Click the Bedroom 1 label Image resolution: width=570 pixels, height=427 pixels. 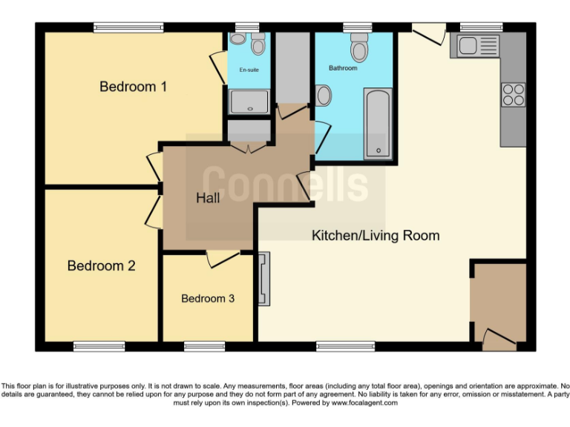(x=133, y=87)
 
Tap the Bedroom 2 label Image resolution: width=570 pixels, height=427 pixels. (x=101, y=265)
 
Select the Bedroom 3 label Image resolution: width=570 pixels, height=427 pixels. (x=208, y=299)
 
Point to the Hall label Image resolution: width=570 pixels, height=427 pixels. (x=208, y=199)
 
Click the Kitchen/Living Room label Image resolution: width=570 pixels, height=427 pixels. (x=375, y=236)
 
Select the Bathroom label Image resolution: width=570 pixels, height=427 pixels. (x=343, y=68)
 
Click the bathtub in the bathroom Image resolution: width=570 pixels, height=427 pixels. (x=378, y=123)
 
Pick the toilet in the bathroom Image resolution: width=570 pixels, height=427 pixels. (x=359, y=47)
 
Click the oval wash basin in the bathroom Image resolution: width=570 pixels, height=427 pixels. (x=324, y=96)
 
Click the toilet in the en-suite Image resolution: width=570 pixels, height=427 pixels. (x=258, y=45)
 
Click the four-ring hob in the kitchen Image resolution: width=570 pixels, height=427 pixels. (x=514, y=95)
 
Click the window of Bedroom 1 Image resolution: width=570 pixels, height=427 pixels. (x=128, y=27)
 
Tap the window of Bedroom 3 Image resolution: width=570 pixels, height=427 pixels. (x=204, y=346)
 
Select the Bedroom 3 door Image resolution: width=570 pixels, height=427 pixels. (x=222, y=258)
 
